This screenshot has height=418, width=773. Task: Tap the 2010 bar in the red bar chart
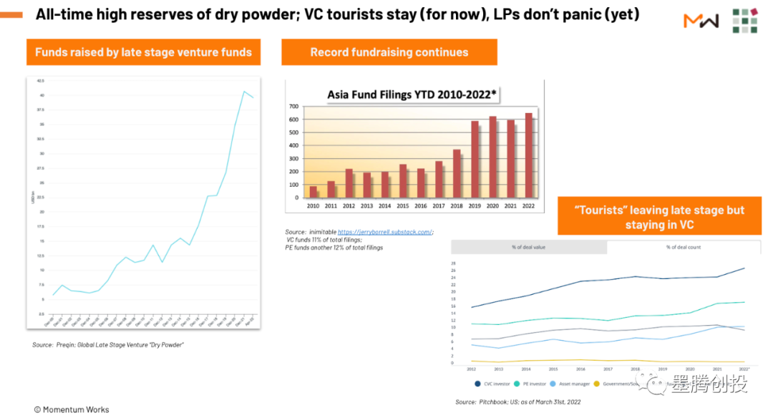click(313, 191)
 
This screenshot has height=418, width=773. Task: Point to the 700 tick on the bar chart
click(293, 107)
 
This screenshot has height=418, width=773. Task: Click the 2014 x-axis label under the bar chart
click(385, 205)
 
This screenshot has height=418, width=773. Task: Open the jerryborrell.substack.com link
click(385, 232)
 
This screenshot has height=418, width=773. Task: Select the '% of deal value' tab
click(528, 247)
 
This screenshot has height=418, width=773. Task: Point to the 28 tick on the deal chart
click(453, 263)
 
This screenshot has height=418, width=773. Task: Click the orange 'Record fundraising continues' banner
click(389, 52)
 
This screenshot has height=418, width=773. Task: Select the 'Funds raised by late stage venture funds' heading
click(143, 52)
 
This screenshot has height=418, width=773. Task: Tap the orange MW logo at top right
click(701, 21)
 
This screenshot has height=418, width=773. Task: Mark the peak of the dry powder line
click(244, 92)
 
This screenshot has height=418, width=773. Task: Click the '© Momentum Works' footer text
click(72, 409)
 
